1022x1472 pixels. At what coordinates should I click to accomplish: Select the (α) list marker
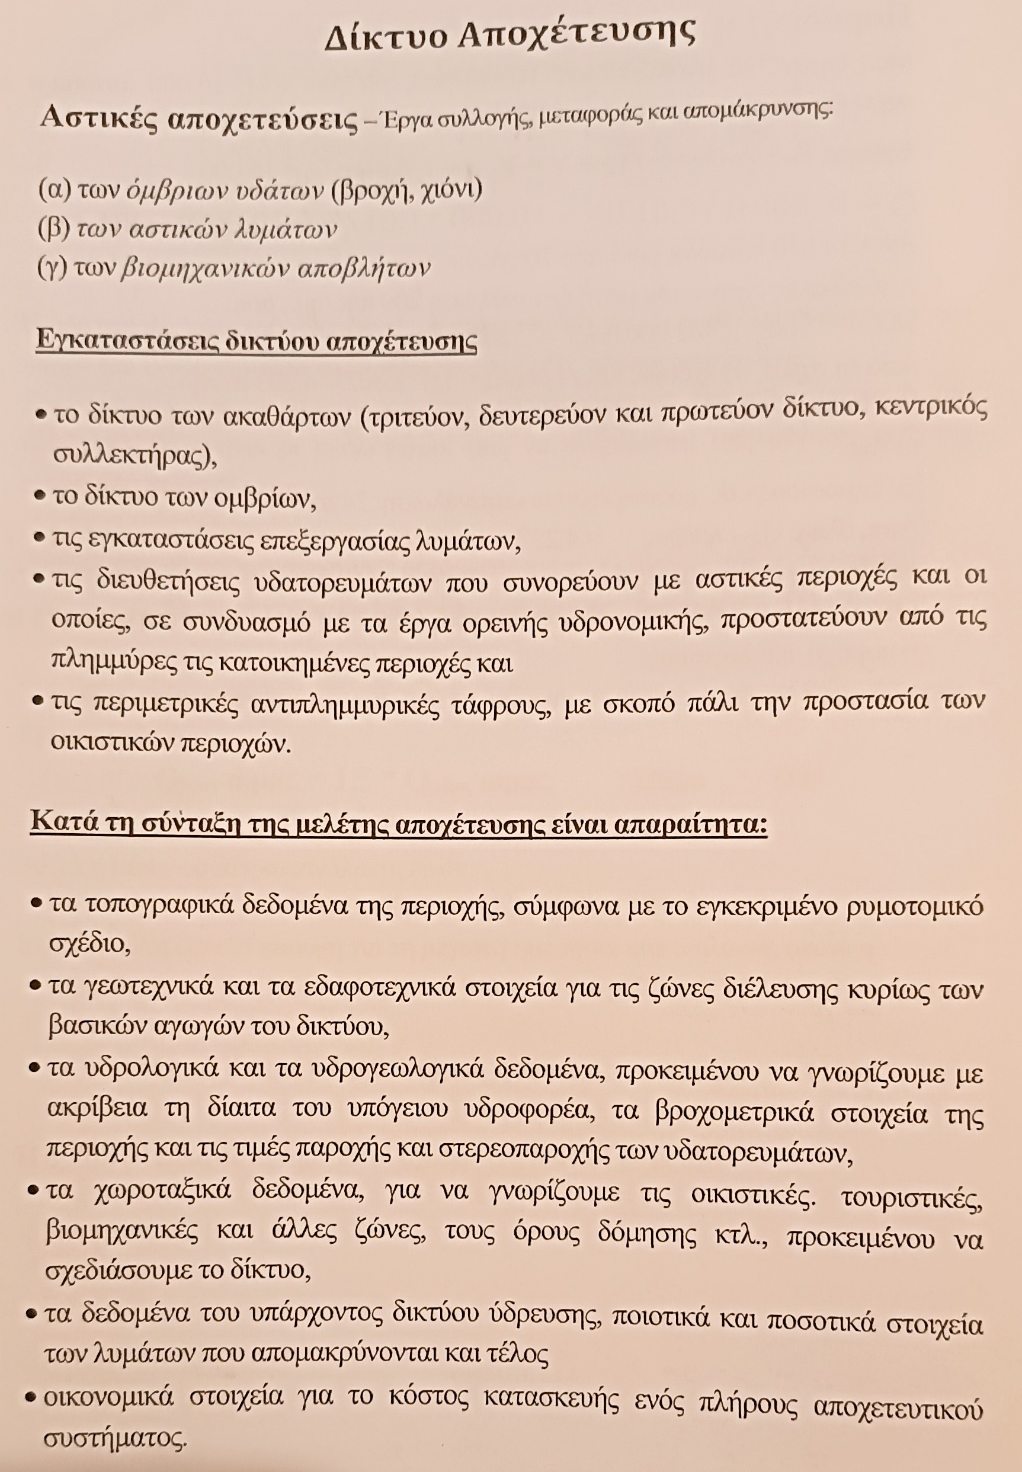click(x=53, y=190)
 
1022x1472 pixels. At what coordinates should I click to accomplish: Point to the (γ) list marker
click(x=53, y=268)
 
